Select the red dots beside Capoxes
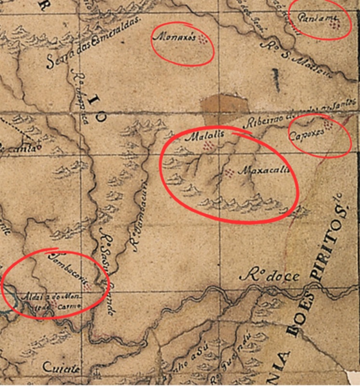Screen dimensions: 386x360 pyautogui.click(x=328, y=125)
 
